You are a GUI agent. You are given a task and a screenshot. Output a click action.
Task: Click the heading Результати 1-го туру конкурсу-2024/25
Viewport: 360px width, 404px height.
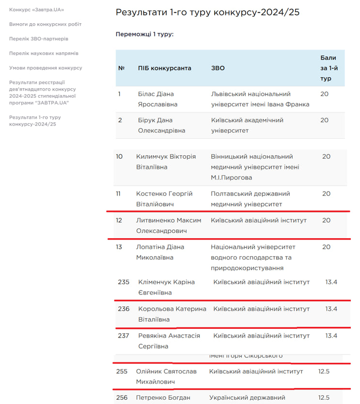tap(207, 12)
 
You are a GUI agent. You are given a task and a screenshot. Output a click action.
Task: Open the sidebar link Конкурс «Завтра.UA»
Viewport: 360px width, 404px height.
tap(36, 10)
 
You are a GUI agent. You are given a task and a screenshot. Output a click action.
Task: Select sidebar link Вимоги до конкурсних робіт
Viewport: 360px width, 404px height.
tap(45, 24)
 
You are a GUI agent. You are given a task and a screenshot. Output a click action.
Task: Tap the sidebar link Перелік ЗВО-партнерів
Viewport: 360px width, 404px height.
tap(39, 39)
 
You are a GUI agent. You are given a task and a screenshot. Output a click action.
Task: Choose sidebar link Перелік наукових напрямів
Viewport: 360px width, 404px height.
tap(44, 53)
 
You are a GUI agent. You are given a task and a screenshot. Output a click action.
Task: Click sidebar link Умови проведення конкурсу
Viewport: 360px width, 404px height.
tap(46, 68)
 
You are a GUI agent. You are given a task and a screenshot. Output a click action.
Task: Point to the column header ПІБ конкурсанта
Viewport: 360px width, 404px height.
tap(164, 68)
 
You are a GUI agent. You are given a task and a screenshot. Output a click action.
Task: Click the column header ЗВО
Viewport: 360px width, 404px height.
tap(218, 68)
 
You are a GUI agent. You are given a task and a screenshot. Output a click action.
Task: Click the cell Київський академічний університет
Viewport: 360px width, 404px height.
tap(247, 125)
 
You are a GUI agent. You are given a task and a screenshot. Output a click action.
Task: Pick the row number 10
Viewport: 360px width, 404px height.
tap(119, 157)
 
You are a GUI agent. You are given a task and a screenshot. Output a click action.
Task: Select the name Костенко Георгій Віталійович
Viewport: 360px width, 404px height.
tap(164, 199)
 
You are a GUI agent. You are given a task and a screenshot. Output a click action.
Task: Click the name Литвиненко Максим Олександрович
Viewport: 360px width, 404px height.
tap(168, 226)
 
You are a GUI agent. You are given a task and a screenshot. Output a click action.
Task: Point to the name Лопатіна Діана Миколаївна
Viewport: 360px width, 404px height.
tap(160, 252)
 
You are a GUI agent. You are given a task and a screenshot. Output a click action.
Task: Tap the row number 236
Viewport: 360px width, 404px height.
tap(124, 309)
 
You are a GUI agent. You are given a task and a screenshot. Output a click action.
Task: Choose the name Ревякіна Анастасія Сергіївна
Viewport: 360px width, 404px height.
tap(169, 341)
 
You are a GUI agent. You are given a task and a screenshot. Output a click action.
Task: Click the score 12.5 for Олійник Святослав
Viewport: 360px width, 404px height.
tap(324, 372)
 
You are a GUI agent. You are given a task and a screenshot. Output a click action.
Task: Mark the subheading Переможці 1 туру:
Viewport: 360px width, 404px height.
tap(144, 34)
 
